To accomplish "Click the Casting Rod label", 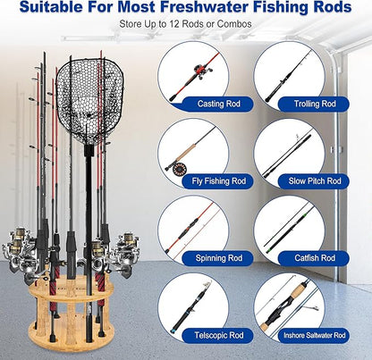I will pos(213,104).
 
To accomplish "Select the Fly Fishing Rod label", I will pos(213,180).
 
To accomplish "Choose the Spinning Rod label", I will pos(213,258).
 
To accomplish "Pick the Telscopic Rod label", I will pos(213,336).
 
